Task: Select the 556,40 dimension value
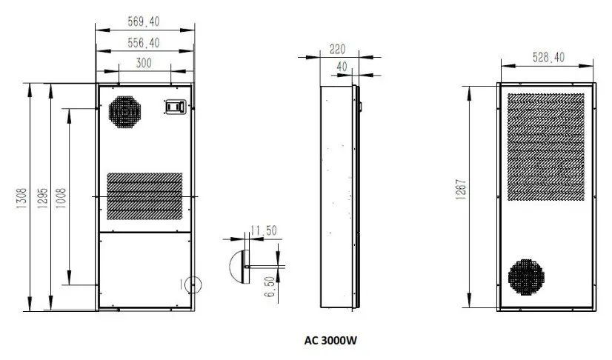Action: click(144, 43)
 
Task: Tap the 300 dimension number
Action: click(144, 63)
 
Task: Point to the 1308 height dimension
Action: click(21, 196)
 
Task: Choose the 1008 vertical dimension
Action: click(61, 196)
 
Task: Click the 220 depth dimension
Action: click(338, 49)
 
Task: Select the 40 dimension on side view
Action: click(342, 67)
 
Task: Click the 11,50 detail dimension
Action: click(263, 231)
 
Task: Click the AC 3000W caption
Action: click(331, 341)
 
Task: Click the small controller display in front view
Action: click(173, 108)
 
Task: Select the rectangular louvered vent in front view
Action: click(145, 196)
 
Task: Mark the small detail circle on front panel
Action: click(190, 282)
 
